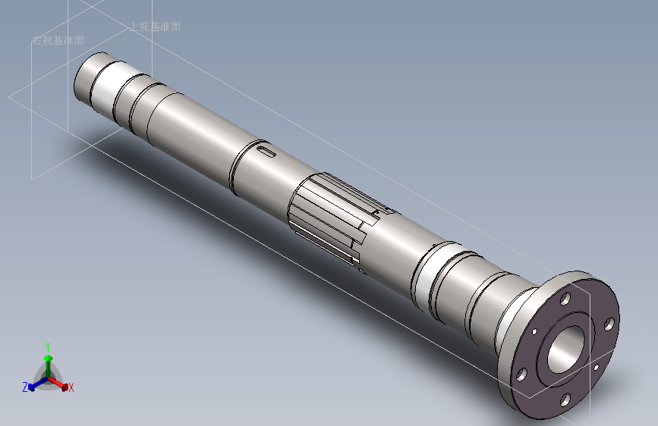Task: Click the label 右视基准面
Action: [58, 40]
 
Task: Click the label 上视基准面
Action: [156, 27]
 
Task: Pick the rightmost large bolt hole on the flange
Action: [609, 325]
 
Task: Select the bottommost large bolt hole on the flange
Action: [565, 399]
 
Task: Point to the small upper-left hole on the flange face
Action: [534, 331]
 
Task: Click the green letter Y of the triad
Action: [48, 346]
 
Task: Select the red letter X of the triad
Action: [71, 388]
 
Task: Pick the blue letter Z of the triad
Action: [25, 387]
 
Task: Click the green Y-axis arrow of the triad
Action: [48, 359]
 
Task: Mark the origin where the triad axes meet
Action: [48, 377]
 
